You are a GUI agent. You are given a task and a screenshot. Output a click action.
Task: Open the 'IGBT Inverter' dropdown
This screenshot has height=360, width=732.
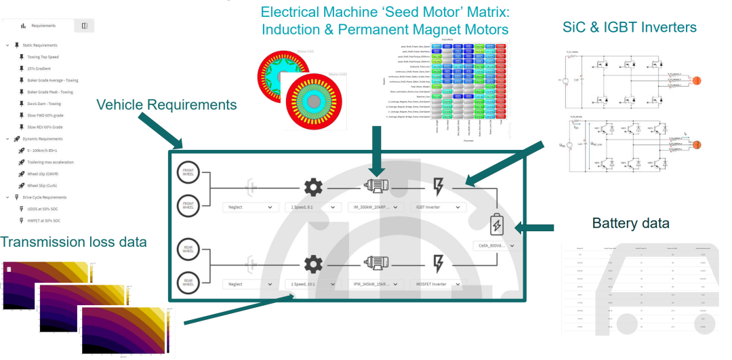[x=437, y=207]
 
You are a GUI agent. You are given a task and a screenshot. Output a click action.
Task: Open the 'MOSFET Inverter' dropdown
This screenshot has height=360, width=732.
[x=437, y=284]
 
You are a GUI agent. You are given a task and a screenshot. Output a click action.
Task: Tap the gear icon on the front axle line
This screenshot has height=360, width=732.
[x=312, y=184]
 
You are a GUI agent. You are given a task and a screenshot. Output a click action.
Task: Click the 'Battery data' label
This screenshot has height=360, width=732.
[x=631, y=222]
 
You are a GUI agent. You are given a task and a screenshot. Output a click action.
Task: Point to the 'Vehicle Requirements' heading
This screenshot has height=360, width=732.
[x=166, y=104]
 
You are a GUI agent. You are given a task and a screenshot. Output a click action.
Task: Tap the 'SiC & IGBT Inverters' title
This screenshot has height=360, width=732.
[x=630, y=28]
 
